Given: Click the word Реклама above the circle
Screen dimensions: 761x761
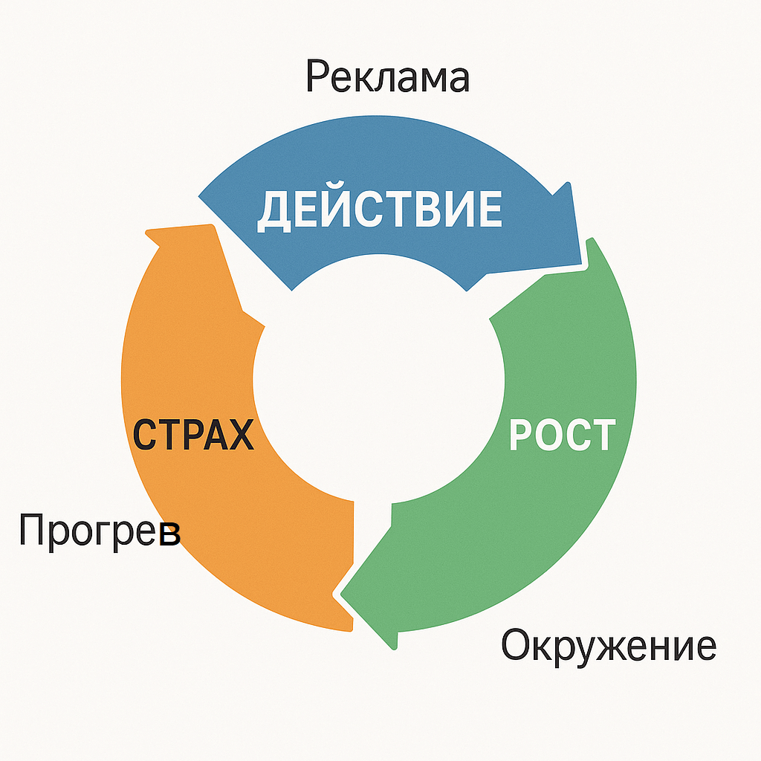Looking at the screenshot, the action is click(x=387, y=77).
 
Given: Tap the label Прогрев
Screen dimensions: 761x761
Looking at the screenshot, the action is click(x=100, y=531).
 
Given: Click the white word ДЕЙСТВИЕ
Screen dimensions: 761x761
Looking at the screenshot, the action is click(x=380, y=209).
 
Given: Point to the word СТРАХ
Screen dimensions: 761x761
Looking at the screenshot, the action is click(x=193, y=434).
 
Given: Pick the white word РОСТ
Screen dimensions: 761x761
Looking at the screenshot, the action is click(x=562, y=434).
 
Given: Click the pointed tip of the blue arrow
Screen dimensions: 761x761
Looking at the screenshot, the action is click(x=580, y=264).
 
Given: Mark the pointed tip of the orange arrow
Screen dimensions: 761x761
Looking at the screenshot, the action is click(x=146, y=233).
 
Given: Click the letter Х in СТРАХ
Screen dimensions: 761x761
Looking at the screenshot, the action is click(x=241, y=434).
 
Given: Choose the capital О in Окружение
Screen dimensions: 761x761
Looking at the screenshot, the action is click(x=515, y=644).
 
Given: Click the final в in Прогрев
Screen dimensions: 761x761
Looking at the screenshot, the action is click(x=170, y=534).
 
